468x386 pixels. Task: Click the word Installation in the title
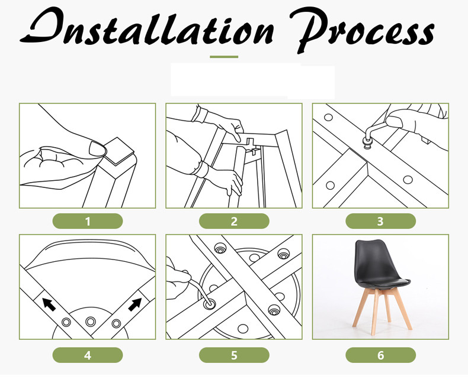coord(146,27)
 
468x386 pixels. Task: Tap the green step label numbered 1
coord(88,221)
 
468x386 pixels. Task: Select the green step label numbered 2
coord(234,221)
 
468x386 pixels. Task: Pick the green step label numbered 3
coord(380,221)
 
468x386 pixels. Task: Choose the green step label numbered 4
coord(88,355)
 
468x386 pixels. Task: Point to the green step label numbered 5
coord(234,355)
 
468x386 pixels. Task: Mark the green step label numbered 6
coord(380,355)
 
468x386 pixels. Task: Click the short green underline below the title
coord(224,57)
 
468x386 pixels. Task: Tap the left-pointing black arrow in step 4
coord(49,304)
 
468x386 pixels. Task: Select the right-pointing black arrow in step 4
coord(135,304)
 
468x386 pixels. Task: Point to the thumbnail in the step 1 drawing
coord(98,148)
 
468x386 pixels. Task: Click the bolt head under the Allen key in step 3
coord(367,144)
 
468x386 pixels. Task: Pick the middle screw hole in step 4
coord(91,322)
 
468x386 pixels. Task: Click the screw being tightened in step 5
coord(210,304)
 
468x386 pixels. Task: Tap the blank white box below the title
coord(252,80)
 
